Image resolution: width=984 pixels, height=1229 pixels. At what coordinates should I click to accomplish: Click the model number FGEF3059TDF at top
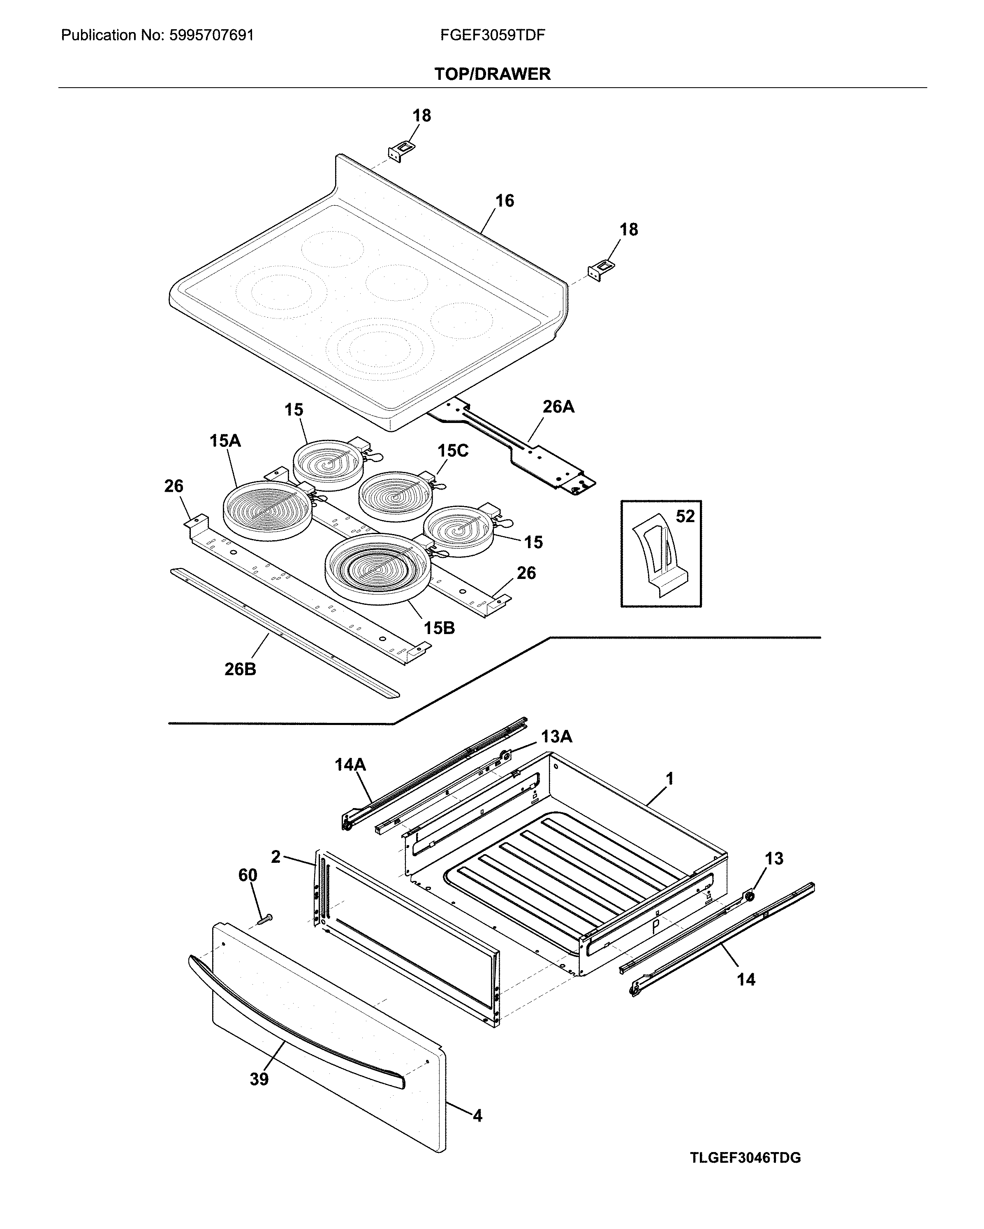pyautogui.click(x=492, y=35)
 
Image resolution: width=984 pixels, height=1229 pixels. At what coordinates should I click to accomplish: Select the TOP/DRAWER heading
pyautogui.click(x=492, y=74)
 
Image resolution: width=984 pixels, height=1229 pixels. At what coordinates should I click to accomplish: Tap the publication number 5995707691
pyautogui.click(x=211, y=35)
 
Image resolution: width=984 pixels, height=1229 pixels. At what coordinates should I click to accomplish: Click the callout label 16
pyautogui.click(x=504, y=201)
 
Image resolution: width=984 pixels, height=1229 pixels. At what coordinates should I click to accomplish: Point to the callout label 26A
pyautogui.click(x=558, y=407)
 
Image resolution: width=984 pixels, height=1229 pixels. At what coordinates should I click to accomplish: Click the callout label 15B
pyautogui.click(x=439, y=628)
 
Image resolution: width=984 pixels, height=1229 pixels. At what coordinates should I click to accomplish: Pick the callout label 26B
pyautogui.click(x=240, y=669)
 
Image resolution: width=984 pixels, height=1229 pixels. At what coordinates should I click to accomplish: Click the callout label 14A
pyautogui.click(x=350, y=764)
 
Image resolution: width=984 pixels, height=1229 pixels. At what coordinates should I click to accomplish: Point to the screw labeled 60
pyautogui.click(x=264, y=919)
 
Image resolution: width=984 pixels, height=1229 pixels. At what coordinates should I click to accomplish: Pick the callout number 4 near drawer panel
pyautogui.click(x=477, y=1116)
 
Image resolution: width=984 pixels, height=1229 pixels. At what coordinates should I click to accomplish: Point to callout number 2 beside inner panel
pyautogui.click(x=276, y=857)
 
